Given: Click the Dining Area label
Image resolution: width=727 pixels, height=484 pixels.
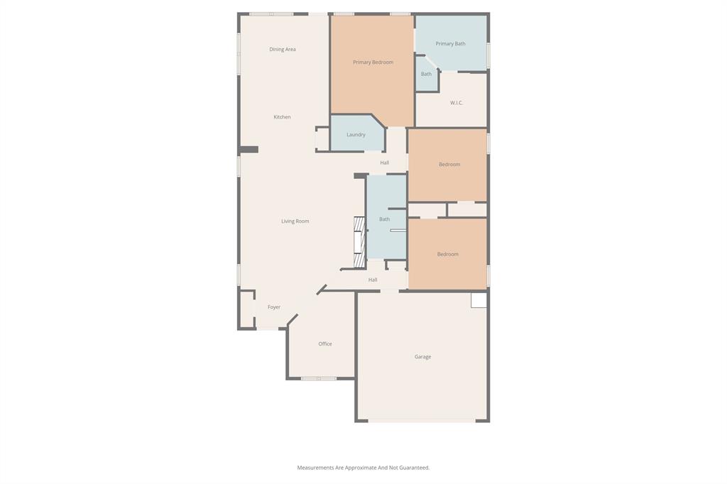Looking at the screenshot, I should pyautogui.click(x=283, y=50).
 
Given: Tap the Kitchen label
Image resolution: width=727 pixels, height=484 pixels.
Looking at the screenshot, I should pyautogui.click(x=283, y=117).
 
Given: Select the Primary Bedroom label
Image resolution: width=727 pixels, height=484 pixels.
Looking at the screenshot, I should pyautogui.click(x=373, y=62).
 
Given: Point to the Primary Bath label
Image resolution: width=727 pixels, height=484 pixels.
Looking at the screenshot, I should pyautogui.click(x=451, y=44).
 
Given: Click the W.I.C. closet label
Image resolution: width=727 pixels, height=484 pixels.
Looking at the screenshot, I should pyautogui.click(x=457, y=103).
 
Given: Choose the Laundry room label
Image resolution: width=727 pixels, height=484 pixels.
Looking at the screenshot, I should pyautogui.click(x=356, y=135).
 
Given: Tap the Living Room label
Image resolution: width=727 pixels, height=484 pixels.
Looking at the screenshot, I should pyautogui.click(x=295, y=221).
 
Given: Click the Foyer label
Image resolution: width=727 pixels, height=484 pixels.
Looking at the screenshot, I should pyautogui.click(x=274, y=307).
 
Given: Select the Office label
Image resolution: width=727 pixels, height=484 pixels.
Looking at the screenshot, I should pyautogui.click(x=325, y=344).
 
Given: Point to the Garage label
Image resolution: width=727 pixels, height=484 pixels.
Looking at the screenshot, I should pyautogui.click(x=423, y=357).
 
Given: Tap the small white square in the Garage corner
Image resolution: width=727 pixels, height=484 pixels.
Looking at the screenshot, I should pyautogui.click(x=479, y=300).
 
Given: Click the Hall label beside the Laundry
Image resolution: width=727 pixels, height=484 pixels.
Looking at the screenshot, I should pyautogui.click(x=385, y=163).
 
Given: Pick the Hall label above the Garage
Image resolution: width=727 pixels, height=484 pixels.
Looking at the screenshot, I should pyautogui.click(x=373, y=280).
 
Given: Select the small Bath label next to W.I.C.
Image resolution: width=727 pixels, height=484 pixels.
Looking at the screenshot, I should pyautogui.click(x=426, y=75).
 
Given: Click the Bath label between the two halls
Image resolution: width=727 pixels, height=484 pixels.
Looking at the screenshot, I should pyautogui.click(x=385, y=219).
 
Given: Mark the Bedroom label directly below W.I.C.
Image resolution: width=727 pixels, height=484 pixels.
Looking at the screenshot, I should pyautogui.click(x=449, y=165).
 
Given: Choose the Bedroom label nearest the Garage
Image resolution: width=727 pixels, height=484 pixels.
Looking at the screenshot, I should pyautogui.click(x=448, y=254).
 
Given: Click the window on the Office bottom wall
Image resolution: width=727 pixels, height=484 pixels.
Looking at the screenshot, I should pyautogui.click(x=319, y=379).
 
